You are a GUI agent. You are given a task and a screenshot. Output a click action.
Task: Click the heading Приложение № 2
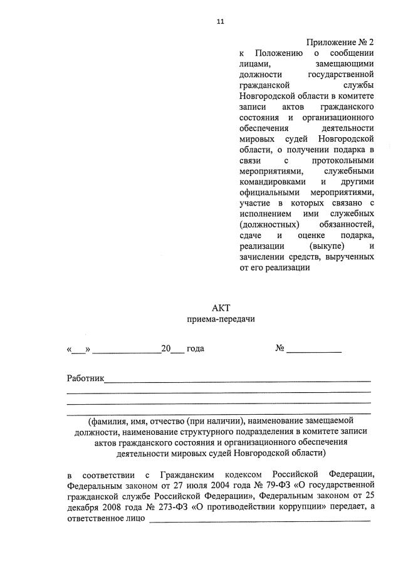pyautogui.click(x=340, y=42)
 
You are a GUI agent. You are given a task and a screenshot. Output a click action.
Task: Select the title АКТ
pyautogui.click(x=221, y=308)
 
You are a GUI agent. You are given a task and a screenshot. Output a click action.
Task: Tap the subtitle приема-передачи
pyautogui.click(x=221, y=320)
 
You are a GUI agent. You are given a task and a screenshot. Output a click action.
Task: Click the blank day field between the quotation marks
pyautogui.click(x=79, y=348)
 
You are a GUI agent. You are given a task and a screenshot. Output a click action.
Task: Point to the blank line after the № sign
pyautogui.click(x=314, y=348)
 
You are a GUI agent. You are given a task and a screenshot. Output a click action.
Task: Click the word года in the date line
pyautogui.click(x=196, y=348)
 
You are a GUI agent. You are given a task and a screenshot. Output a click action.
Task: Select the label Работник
pyautogui.click(x=86, y=378)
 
